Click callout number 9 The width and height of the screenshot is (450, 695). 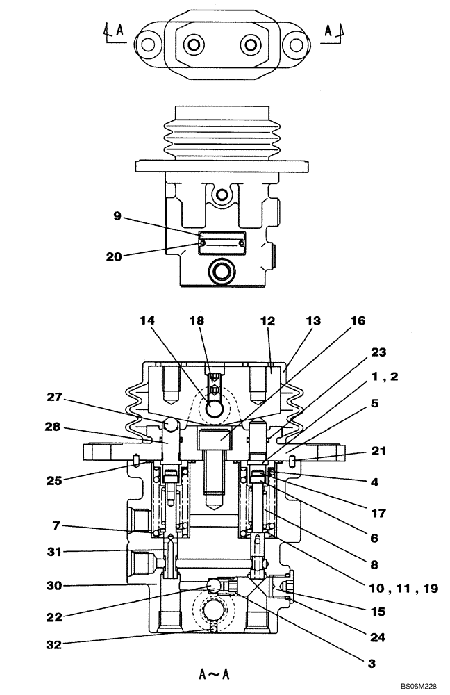(x=118, y=217)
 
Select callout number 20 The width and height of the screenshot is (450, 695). (x=114, y=256)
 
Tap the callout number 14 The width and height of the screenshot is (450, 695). (x=147, y=321)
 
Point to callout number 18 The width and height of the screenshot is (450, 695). (x=197, y=321)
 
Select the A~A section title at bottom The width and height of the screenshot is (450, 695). (x=215, y=673)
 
